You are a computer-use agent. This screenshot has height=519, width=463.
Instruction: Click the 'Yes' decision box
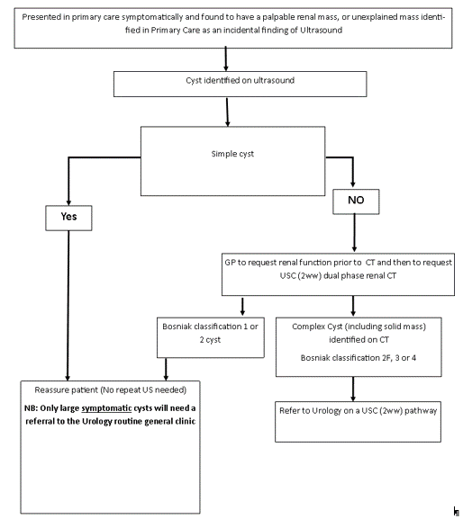(x=68, y=218)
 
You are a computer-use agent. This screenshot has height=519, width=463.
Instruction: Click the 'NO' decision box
(x=356, y=201)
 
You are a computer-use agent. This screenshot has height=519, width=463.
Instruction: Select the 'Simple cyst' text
(x=232, y=154)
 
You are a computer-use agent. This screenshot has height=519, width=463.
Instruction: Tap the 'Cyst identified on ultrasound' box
(x=240, y=84)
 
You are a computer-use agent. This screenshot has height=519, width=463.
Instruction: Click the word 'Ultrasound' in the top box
(x=322, y=30)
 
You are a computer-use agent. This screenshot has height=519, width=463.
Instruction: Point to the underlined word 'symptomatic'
(x=106, y=408)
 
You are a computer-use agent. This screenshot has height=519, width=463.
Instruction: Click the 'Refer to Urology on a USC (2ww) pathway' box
(x=358, y=422)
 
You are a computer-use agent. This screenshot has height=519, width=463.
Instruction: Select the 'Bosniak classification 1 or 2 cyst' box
(x=211, y=337)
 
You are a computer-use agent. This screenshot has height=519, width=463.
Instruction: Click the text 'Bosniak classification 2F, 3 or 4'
(x=359, y=358)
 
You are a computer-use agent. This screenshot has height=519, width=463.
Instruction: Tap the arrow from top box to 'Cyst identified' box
(x=226, y=58)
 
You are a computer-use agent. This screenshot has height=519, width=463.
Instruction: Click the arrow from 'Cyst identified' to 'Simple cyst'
(x=227, y=112)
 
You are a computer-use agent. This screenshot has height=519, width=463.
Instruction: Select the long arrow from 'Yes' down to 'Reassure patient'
(x=68, y=306)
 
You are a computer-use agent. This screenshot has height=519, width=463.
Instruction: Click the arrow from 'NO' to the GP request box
(x=354, y=233)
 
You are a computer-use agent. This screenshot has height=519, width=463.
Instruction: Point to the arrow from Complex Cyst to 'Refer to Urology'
(x=353, y=389)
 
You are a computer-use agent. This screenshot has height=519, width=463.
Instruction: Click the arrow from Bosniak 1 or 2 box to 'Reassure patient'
(x=166, y=370)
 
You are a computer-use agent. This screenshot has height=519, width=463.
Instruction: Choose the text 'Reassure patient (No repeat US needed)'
(x=111, y=389)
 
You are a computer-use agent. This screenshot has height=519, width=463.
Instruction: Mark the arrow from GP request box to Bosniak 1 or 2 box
(x=242, y=306)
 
